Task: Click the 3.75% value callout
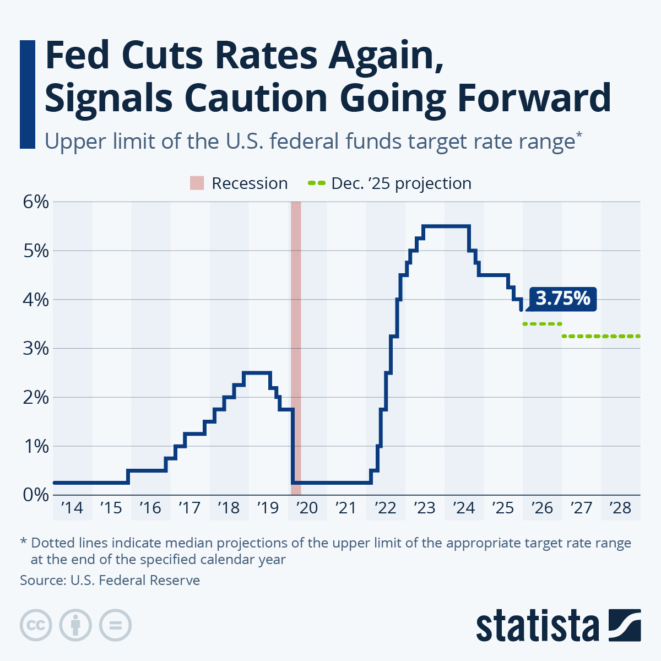point(562,299)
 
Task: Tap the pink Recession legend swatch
point(197,183)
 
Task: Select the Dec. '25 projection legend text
point(401,183)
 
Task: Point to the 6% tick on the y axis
point(36,202)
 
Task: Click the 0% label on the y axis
point(36,495)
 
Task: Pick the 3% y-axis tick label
point(36,349)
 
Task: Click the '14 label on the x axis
point(72,507)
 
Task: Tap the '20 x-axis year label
point(307,507)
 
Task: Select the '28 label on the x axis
point(620,507)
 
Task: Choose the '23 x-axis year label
point(424,507)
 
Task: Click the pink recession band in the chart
point(296,330)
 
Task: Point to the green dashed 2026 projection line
point(542,324)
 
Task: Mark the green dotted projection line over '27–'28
point(601,336)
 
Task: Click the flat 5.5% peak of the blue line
point(446,226)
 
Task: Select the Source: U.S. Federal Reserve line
point(110,580)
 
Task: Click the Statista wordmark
point(538,626)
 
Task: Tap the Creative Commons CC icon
point(36,625)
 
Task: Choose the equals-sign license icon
point(115,625)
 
